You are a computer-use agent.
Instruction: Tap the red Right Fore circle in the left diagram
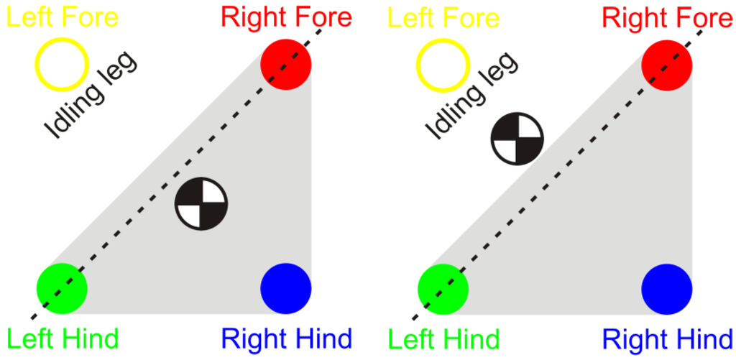[x=286, y=65]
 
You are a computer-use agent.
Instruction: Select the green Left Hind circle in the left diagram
[x=63, y=288]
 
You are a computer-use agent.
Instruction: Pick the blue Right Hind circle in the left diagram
[x=286, y=288]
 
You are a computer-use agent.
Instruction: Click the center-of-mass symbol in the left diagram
[x=201, y=204]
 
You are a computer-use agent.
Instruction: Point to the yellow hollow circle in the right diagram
[x=443, y=65]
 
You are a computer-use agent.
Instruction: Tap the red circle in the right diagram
[x=667, y=65]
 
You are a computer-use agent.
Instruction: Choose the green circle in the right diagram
[x=443, y=288]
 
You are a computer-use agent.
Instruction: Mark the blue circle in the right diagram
[x=667, y=288]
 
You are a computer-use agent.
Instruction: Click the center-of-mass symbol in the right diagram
[x=517, y=139]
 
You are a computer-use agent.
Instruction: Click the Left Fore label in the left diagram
[x=63, y=17]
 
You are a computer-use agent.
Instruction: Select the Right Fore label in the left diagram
[x=287, y=17]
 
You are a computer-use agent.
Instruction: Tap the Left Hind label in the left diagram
[x=63, y=338]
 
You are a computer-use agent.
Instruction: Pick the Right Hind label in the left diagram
[x=287, y=338]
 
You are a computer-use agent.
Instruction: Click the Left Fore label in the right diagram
[x=443, y=17]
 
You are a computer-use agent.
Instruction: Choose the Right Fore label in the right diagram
[x=668, y=17]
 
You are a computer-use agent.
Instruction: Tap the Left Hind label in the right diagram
[x=443, y=338]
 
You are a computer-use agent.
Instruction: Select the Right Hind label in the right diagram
[x=668, y=338]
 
